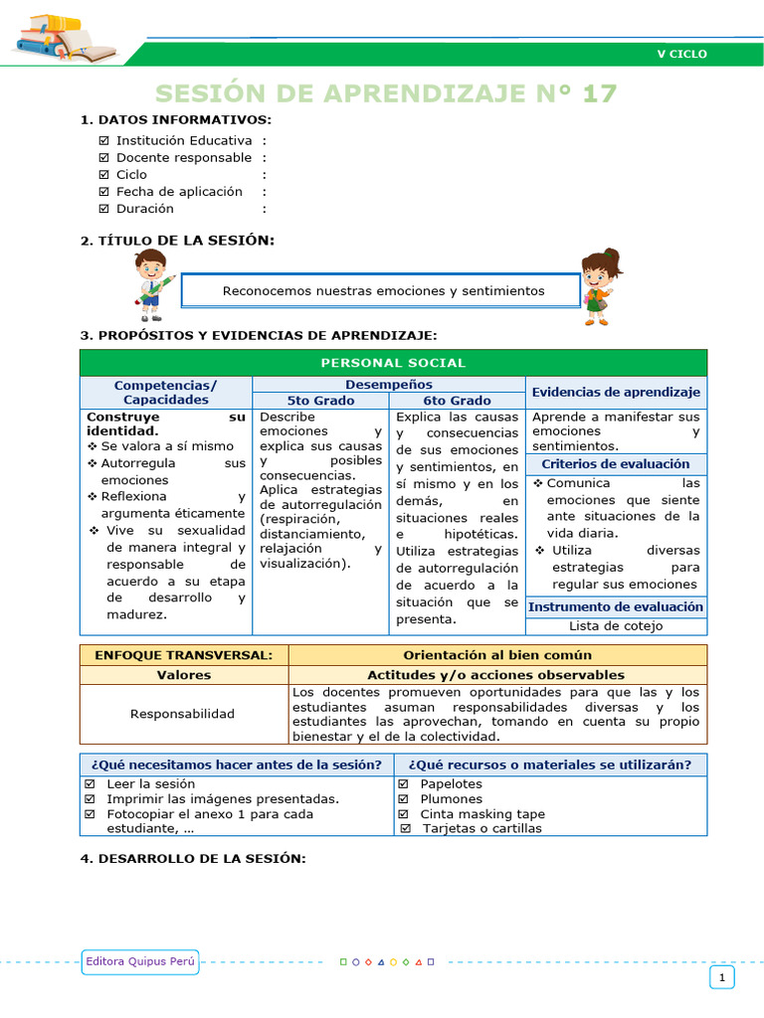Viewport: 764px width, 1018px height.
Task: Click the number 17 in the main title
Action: [x=600, y=93]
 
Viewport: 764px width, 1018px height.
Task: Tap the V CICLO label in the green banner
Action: [x=681, y=54]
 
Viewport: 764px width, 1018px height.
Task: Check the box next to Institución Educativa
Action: [x=104, y=141]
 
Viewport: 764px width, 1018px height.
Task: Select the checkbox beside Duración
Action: [x=104, y=209]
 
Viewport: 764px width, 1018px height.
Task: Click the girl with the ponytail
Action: [x=600, y=285]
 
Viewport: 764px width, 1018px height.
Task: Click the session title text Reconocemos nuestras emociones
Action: [x=383, y=291]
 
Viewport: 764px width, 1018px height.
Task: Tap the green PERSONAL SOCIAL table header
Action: [x=393, y=363]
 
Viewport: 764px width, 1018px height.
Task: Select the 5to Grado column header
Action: [x=320, y=401]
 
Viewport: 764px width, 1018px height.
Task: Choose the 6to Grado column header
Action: [x=457, y=401]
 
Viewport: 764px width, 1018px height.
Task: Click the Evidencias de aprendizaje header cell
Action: [x=616, y=393]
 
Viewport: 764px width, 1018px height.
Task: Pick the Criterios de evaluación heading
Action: [x=616, y=464]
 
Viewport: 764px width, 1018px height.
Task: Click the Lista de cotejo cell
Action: [x=616, y=626]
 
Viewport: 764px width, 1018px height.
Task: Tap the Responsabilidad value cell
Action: [x=183, y=714]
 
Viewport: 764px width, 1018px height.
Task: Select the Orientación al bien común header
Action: [x=497, y=655]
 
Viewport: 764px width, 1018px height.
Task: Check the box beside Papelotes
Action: [x=404, y=784]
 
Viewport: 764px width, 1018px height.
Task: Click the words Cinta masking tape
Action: [x=482, y=814]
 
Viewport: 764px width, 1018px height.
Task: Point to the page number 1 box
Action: [x=721, y=978]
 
